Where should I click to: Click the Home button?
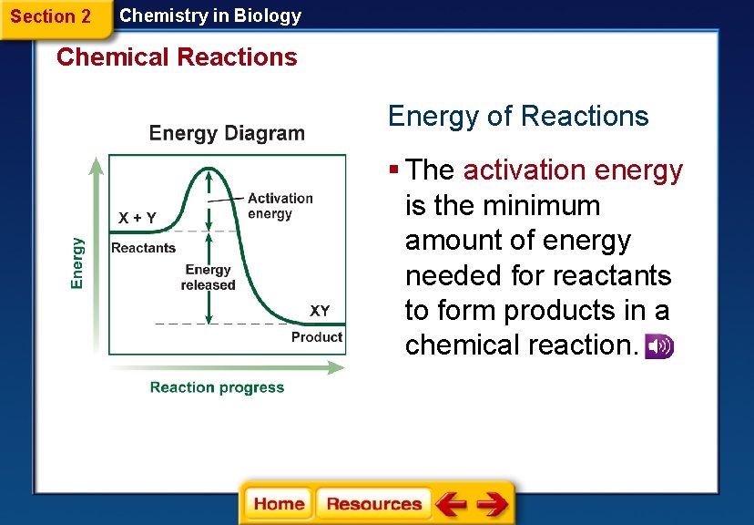coord(279,504)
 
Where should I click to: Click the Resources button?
coord(373,504)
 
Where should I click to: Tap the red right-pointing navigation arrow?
coord(493,504)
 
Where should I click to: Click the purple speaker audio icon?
coord(658,346)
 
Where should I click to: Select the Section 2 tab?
coord(52,16)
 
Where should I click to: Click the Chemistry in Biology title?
coord(210,15)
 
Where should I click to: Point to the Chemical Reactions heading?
coord(177,57)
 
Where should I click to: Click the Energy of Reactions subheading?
coord(517,117)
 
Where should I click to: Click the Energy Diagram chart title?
coord(227,133)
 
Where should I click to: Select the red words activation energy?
coord(573,170)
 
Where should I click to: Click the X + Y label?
coord(138,218)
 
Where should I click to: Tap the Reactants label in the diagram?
coord(143,248)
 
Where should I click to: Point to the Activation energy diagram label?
coord(280,206)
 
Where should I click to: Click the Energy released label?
coord(208,277)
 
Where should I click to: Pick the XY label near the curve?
coord(320,311)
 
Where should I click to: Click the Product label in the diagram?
coord(317,337)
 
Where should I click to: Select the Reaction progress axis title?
coord(217,387)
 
